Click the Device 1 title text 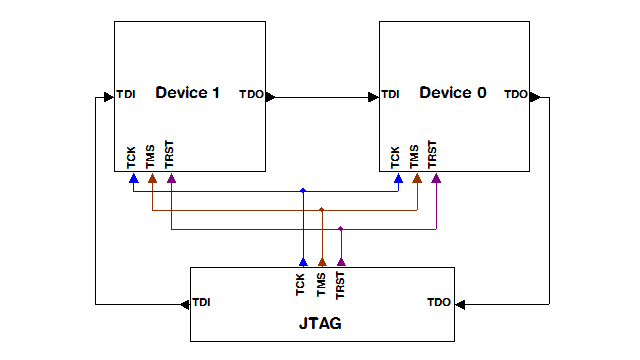click(x=187, y=93)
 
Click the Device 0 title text click(x=453, y=93)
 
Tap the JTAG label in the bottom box click(x=322, y=324)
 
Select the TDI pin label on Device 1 click(x=126, y=94)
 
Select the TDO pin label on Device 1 click(x=251, y=95)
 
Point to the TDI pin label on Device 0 click(x=391, y=94)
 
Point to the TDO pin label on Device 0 click(x=516, y=95)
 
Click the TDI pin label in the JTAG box click(x=202, y=302)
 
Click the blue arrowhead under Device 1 click(x=132, y=179)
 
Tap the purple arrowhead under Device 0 click(x=437, y=179)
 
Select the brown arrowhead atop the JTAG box click(x=322, y=261)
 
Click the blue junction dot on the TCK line click(x=302, y=190)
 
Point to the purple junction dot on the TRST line click(x=341, y=229)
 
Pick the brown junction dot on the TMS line click(x=322, y=210)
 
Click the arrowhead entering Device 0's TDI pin click(x=374, y=97)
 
